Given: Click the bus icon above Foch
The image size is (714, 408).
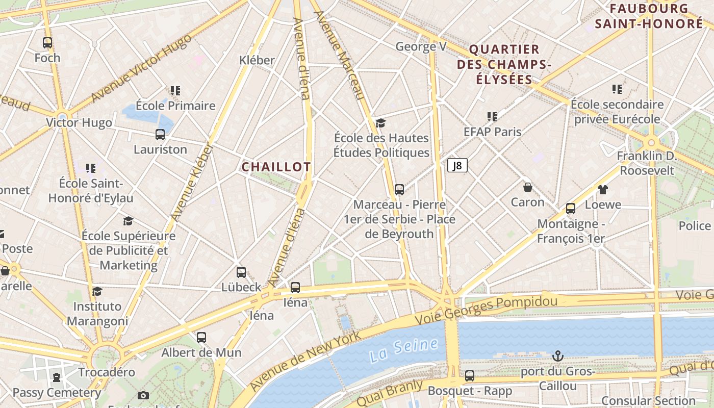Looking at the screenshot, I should pyautogui.click(x=47, y=43).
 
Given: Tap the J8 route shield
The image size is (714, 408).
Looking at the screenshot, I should pyautogui.click(x=457, y=165).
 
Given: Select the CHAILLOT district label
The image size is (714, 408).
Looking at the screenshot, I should pyautogui.click(x=276, y=167).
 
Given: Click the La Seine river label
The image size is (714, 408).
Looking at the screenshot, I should pyautogui.click(x=404, y=349).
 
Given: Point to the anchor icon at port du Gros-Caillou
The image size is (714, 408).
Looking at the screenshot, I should pyautogui.click(x=558, y=355).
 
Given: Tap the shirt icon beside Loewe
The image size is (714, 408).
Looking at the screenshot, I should pyautogui.click(x=603, y=190).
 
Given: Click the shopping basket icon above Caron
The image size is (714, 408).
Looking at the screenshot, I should pyautogui.click(x=528, y=187).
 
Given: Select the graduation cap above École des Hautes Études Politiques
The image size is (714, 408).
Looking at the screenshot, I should pyautogui.click(x=381, y=123).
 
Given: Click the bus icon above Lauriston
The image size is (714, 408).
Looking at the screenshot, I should pyautogui.click(x=160, y=135).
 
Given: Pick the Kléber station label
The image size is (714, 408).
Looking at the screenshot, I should pyautogui.click(x=257, y=60).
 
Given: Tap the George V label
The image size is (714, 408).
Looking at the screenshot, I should pyautogui.click(x=421, y=47).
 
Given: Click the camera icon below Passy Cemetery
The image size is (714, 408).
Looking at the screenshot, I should pyautogui.click(x=143, y=395).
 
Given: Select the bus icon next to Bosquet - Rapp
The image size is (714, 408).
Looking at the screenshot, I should pyautogui.click(x=470, y=376).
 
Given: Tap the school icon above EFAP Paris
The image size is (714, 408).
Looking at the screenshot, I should pyautogui.click(x=492, y=117).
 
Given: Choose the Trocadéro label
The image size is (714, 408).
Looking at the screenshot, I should pyautogui.click(x=107, y=372).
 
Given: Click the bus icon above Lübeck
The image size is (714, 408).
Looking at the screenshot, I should pyautogui.click(x=241, y=272).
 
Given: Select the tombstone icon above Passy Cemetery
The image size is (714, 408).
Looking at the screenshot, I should pyautogui.click(x=57, y=378).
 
